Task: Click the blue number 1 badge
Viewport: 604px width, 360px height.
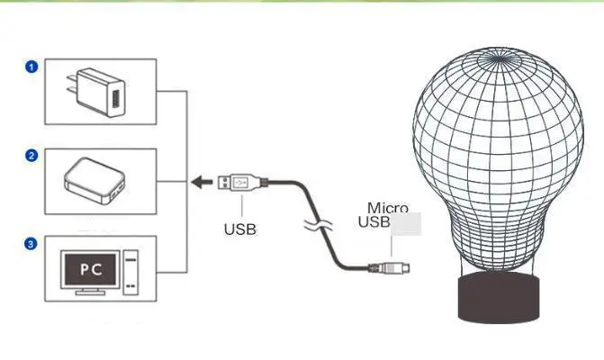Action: (x=32, y=67)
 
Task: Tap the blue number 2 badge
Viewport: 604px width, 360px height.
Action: (x=32, y=155)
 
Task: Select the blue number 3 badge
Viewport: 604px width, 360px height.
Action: (x=32, y=243)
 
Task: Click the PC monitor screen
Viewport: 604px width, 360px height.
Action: (x=90, y=268)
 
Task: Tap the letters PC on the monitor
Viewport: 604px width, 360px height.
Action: (x=90, y=268)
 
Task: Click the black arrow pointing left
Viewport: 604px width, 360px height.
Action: (x=200, y=182)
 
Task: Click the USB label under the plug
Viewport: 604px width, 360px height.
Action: (x=239, y=229)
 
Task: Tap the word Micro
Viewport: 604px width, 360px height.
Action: (x=387, y=208)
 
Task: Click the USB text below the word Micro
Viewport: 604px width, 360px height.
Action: (x=375, y=222)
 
